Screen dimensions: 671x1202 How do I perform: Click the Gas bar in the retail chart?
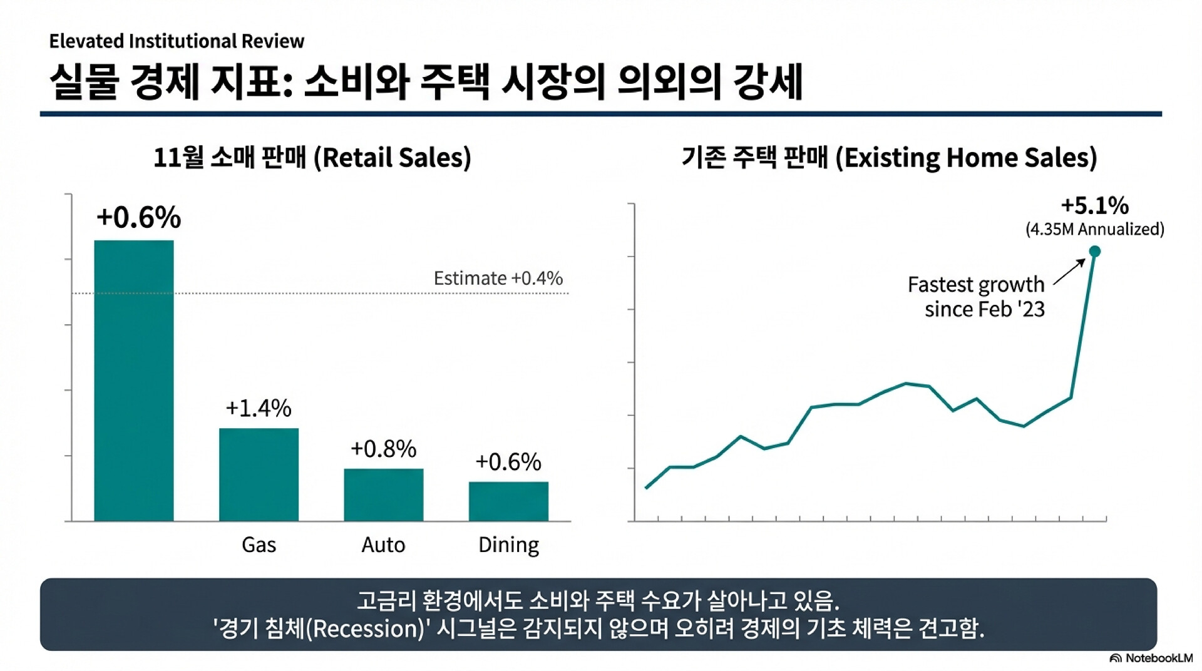(x=259, y=474)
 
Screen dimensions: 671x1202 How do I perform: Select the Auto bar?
(x=383, y=494)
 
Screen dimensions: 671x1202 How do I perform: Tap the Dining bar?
(x=508, y=501)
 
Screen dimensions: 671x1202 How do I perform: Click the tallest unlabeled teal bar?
(x=134, y=380)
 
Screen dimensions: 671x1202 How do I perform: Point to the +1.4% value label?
(x=258, y=408)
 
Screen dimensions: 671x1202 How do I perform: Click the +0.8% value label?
(x=383, y=449)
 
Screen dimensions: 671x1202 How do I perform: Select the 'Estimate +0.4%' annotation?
(x=498, y=278)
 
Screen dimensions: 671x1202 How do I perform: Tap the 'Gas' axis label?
(x=259, y=545)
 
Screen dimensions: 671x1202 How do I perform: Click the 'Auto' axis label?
(x=383, y=545)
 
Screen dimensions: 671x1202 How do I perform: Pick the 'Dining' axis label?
(x=508, y=545)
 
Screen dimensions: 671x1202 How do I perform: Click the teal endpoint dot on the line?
(x=1094, y=252)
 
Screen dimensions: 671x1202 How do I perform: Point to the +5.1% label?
(x=1094, y=205)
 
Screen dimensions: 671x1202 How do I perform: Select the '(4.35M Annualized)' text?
(x=1094, y=229)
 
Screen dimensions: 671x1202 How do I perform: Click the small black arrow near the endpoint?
(x=1069, y=272)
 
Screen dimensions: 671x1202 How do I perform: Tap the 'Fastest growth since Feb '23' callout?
(x=976, y=297)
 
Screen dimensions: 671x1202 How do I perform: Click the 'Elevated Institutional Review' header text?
(x=177, y=41)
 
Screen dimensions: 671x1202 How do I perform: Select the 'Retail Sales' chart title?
(x=312, y=157)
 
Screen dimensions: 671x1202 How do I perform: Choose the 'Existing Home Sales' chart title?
(x=889, y=157)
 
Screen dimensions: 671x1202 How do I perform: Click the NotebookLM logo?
(x=1151, y=658)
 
